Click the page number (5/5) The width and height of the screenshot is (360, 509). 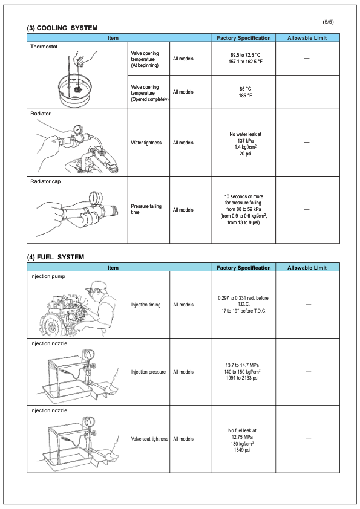pos(328,22)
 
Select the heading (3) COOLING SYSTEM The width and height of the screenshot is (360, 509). pos(62,28)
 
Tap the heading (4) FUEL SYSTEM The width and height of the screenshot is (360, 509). pos(56,257)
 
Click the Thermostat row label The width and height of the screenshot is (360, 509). pos(44,46)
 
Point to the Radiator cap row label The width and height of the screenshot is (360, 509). pos(45,181)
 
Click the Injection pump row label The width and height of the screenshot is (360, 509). pos(47,276)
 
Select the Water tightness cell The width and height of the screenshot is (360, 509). pos(146,143)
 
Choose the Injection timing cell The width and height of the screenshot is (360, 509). pos(146,305)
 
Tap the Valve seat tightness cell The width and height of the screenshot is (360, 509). pos(149,439)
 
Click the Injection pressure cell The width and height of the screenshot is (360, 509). pos(148,372)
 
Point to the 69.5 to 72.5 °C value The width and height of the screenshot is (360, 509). pos(244,55)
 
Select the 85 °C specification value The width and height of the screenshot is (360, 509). pos(244,88)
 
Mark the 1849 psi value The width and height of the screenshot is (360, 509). pos(244,450)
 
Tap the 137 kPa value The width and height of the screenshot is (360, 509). pos(244,140)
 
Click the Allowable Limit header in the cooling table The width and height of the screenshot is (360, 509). pos(307,38)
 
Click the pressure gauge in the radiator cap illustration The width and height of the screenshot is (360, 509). pos(95,198)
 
